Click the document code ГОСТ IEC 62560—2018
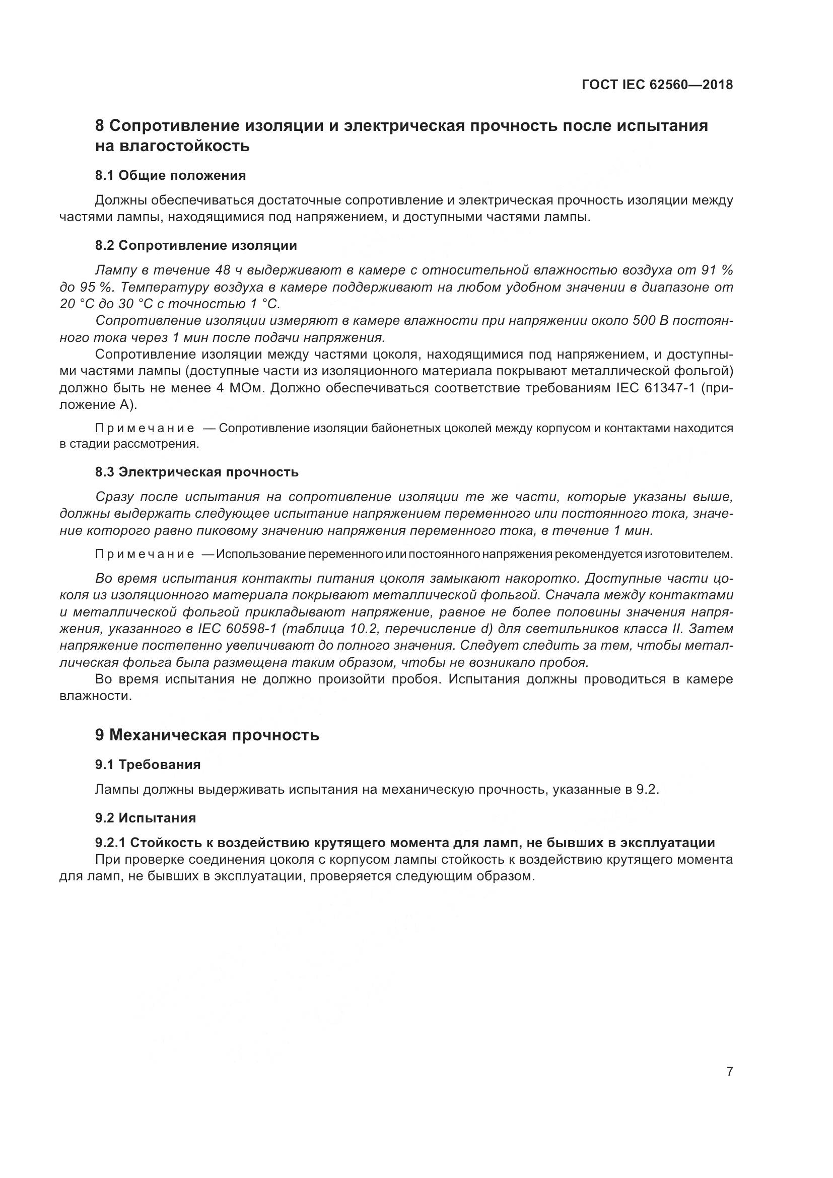(657, 85)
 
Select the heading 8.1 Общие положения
(170, 175)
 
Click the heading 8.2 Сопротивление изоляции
(196, 245)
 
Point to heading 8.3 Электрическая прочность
(197, 472)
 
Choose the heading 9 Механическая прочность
(207, 735)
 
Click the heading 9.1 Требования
(148, 765)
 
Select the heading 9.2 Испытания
(146, 818)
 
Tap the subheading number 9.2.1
(110, 843)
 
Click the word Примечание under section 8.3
(145, 554)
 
